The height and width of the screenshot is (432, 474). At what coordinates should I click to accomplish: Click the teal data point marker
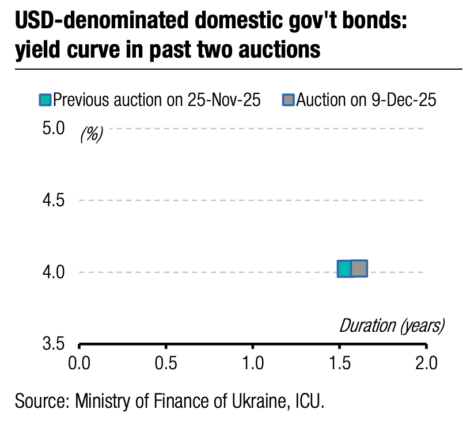coord(344,269)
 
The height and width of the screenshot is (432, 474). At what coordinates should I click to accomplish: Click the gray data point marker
coord(359,268)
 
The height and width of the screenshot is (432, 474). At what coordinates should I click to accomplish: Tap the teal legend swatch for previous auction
coord(45,100)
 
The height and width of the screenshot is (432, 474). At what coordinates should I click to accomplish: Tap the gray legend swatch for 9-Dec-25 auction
coord(288,100)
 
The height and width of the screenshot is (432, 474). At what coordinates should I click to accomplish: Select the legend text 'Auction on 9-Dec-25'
coord(366,100)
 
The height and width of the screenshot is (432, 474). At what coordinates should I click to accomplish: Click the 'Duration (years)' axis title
coord(392,325)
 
